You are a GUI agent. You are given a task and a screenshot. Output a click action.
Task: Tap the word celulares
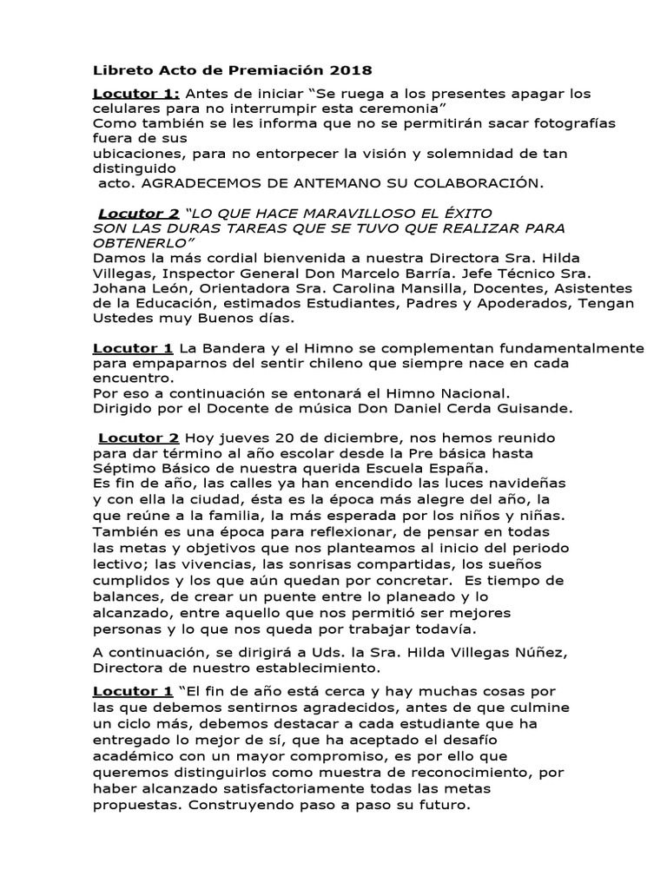pos(127,108)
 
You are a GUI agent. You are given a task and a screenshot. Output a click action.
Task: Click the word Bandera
pos(229,349)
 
